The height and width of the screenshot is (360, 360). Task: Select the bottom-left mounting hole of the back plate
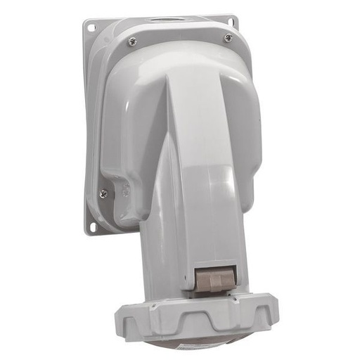[91, 226]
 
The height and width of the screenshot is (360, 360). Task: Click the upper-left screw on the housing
[132, 42]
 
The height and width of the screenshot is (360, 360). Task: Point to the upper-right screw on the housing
[228, 38]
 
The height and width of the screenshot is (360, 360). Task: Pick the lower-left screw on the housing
[103, 193]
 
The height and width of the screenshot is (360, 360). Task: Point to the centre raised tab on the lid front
[205, 325]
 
